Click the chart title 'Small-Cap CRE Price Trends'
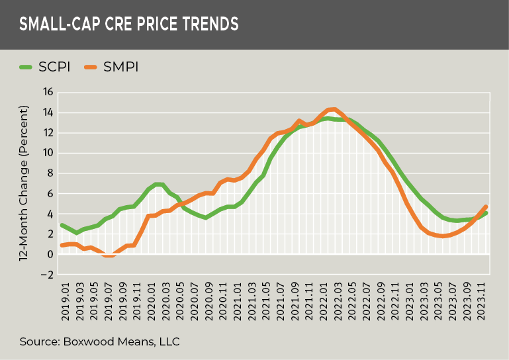coord(128,24)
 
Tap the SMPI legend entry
coord(112,66)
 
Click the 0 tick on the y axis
coord(49,254)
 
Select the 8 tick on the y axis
coord(49,173)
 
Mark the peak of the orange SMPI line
coord(334,109)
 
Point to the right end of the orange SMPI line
coord(486,206)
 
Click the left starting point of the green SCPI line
coord(62,225)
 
